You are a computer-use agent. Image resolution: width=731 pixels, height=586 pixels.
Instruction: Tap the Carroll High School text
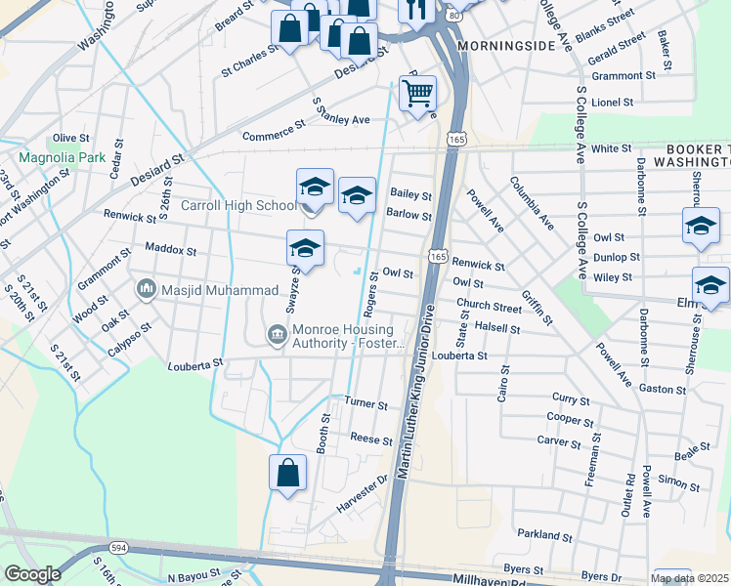pos(239,206)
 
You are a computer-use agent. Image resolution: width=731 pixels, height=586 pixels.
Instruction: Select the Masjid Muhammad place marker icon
pos(148,289)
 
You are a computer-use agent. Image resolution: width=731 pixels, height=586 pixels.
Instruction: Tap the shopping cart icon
pos(417,94)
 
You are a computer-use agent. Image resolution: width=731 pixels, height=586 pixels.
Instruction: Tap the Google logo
pos(32,574)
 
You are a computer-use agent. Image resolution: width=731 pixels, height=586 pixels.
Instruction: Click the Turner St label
pos(366,404)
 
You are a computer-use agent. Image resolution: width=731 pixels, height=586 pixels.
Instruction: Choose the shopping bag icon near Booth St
pos(287,474)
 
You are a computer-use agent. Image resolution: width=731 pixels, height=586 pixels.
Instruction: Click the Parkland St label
pos(544,536)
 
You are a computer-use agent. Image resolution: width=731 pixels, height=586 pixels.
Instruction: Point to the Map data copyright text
pos(690,578)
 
